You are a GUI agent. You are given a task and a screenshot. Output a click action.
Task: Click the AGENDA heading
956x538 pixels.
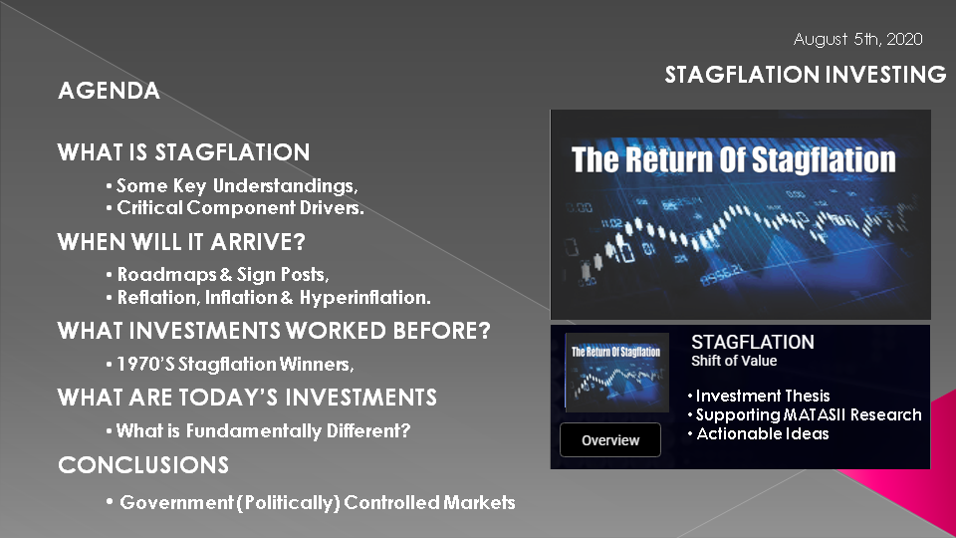pyautogui.click(x=110, y=91)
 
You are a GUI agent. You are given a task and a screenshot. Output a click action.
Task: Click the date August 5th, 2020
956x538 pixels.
pyautogui.click(x=857, y=40)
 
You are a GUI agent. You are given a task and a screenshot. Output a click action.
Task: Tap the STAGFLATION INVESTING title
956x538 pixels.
pyautogui.click(x=806, y=75)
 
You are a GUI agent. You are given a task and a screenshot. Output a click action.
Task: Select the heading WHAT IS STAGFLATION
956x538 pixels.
pyautogui.click(x=183, y=151)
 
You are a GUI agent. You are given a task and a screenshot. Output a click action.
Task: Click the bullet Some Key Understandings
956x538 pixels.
pyautogui.click(x=237, y=185)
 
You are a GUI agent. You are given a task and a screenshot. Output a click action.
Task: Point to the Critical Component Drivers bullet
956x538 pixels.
pyautogui.click(x=240, y=208)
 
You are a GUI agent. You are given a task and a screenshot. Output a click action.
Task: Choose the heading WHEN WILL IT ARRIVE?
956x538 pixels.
pyautogui.click(x=181, y=242)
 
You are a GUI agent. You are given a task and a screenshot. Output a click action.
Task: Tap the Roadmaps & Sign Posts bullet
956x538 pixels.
pyautogui.click(x=222, y=275)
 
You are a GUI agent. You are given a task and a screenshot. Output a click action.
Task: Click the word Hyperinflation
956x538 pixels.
pyautogui.click(x=364, y=298)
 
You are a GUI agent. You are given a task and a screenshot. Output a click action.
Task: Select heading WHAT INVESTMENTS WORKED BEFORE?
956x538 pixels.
pyautogui.click(x=274, y=331)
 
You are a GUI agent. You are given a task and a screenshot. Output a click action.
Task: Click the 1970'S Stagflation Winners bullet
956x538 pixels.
pyautogui.click(x=235, y=365)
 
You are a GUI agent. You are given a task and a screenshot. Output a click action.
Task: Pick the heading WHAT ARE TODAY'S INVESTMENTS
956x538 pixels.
pyautogui.click(x=247, y=398)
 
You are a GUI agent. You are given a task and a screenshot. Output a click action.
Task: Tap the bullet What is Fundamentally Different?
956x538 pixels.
pyautogui.click(x=263, y=431)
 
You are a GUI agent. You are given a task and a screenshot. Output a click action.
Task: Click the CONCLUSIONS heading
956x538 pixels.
pyautogui.click(x=143, y=465)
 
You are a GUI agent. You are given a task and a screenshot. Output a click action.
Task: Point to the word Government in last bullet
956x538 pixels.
pyautogui.click(x=177, y=502)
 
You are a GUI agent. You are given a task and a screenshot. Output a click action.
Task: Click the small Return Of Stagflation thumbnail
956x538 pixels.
pyautogui.click(x=616, y=372)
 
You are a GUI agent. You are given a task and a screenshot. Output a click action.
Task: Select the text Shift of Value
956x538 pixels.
pyautogui.click(x=734, y=361)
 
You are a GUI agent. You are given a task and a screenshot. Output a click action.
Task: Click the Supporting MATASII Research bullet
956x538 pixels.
pyautogui.click(x=809, y=414)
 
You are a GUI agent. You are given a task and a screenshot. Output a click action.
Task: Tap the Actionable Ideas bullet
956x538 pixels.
pyautogui.click(x=762, y=433)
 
